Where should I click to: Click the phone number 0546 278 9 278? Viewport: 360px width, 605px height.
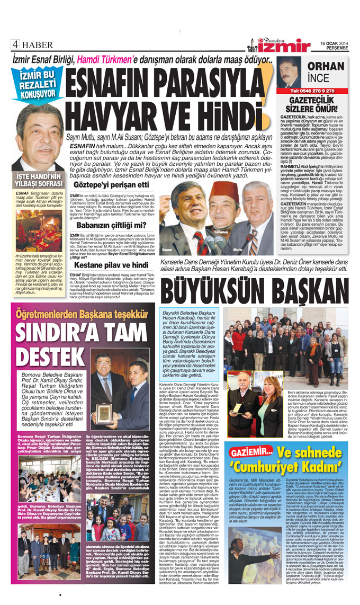317,91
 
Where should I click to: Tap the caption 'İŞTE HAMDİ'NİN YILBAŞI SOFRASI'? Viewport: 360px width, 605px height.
36,180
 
